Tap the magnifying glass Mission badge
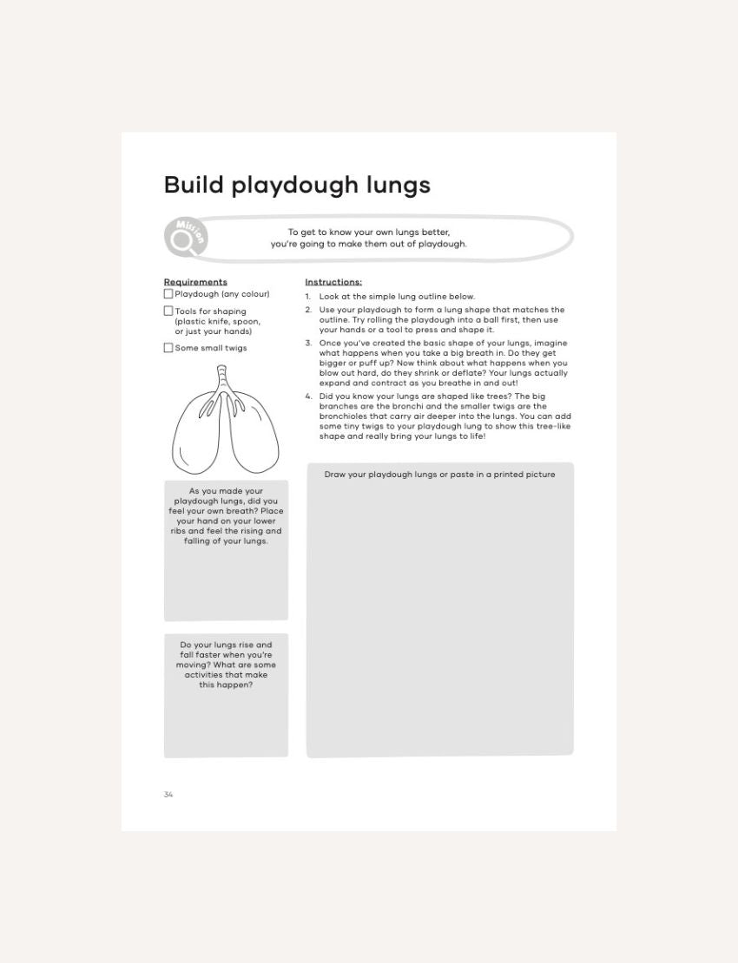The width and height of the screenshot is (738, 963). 185,238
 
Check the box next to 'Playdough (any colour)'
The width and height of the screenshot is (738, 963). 168,294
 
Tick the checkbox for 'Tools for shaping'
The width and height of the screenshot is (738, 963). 168,311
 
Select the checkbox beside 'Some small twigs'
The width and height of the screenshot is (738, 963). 168,348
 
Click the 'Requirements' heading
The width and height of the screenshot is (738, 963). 195,282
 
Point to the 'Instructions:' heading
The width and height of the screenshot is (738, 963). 333,282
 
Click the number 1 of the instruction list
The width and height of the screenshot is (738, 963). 307,297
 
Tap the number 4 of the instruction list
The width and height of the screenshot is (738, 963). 308,396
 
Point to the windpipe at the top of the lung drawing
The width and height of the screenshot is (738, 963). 222,375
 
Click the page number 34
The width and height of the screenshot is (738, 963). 168,795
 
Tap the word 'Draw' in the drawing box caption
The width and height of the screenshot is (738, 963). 335,475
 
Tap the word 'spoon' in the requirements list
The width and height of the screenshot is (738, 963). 246,321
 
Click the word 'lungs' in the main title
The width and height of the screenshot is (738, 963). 398,186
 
